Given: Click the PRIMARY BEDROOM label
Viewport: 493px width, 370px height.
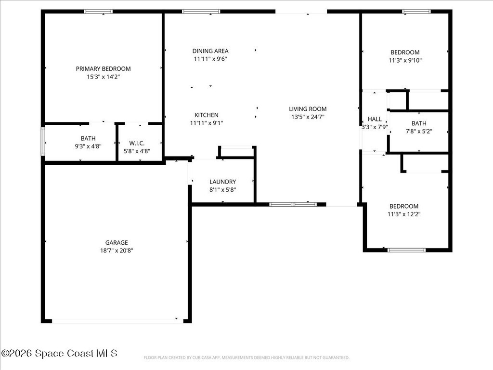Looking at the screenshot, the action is coord(103,68).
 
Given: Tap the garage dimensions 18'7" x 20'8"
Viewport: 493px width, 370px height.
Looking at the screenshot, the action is coord(117,251).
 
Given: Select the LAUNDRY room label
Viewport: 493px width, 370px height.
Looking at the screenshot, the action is coord(222,182).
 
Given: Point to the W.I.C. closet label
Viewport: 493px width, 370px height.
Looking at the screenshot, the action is coord(137,143).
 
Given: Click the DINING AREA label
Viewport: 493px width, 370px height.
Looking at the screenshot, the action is coord(210,51).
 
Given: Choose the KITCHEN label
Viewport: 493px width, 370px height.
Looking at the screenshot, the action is coord(206,115).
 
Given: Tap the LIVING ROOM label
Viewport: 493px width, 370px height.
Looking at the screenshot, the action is coord(308,109).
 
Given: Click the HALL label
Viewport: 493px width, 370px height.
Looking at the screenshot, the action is coord(375,119).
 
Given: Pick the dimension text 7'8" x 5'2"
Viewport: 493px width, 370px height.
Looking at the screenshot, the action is coord(419,131).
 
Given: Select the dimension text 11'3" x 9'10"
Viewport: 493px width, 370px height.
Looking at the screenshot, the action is coord(405,60).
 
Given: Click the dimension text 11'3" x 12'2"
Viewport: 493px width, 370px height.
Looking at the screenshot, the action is coord(404,214).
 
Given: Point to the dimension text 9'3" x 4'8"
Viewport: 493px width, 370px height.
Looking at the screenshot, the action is coord(88,146).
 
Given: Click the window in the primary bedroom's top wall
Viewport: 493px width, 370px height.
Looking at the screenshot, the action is coord(98,12).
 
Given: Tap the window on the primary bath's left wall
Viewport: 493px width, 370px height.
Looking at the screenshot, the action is coord(43,141).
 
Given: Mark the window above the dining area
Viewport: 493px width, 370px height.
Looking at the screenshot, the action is coord(201,12).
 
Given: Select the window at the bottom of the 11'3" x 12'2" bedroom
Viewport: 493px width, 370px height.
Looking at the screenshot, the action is coord(406,250).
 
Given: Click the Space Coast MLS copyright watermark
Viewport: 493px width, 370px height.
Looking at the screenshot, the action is coord(59,353).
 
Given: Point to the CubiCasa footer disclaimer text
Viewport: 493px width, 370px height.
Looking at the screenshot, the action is coord(246,357).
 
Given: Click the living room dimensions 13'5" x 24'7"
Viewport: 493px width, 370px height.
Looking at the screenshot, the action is coord(308,117).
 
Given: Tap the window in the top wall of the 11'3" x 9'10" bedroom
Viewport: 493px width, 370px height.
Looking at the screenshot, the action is coord(416,12).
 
